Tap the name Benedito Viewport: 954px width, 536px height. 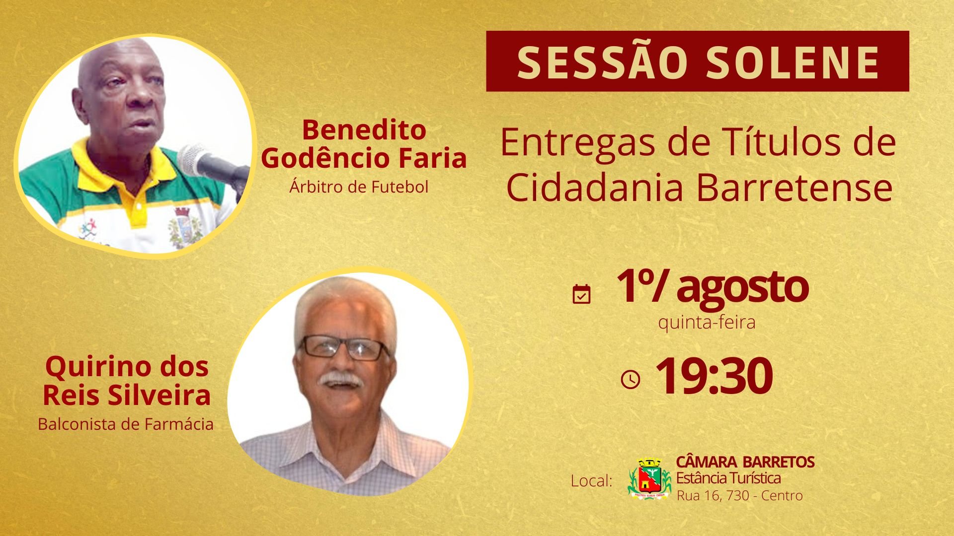click(x=364, y=130)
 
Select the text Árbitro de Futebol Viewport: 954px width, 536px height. click(x=359, y=187)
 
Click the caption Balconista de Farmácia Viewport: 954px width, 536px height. click(x=126, y=424)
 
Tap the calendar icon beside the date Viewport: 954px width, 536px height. click(x=581, y=294)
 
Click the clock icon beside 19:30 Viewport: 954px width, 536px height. click(x=631, y=380)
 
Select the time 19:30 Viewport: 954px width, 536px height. click(x=714, y=376)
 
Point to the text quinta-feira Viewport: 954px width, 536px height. click(x=707, y=323)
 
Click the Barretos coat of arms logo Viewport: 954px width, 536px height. click(x=649, y=478)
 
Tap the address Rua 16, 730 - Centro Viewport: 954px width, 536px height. click(x=740, y=495)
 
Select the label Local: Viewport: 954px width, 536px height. click(x=591, y=481)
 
